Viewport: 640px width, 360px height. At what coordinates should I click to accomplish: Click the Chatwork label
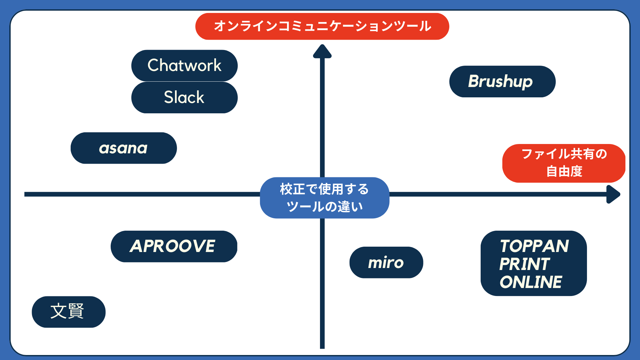(184, 65)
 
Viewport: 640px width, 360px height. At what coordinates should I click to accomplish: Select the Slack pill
(184, 97)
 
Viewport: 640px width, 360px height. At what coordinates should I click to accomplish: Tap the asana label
(123, 148)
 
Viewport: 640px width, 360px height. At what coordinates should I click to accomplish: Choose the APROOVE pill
(174, 246)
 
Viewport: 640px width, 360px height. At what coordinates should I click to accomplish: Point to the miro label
(386, 262)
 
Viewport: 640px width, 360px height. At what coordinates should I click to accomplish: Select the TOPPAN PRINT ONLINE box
(533, 263)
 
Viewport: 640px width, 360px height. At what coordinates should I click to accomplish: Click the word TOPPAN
(534, 246)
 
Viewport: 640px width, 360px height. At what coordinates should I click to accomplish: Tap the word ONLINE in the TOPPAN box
(531, 282)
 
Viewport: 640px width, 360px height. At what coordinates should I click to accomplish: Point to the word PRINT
(524, 264)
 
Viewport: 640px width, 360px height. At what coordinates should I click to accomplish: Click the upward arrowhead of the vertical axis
(322, 52)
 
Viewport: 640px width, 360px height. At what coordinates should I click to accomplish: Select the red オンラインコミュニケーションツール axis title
(322, 26)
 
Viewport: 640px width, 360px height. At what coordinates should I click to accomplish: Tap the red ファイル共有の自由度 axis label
(564, 163)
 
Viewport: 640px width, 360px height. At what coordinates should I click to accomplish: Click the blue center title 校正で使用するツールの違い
(324, 198)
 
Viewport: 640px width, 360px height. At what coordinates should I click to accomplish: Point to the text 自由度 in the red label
(564, 171)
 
